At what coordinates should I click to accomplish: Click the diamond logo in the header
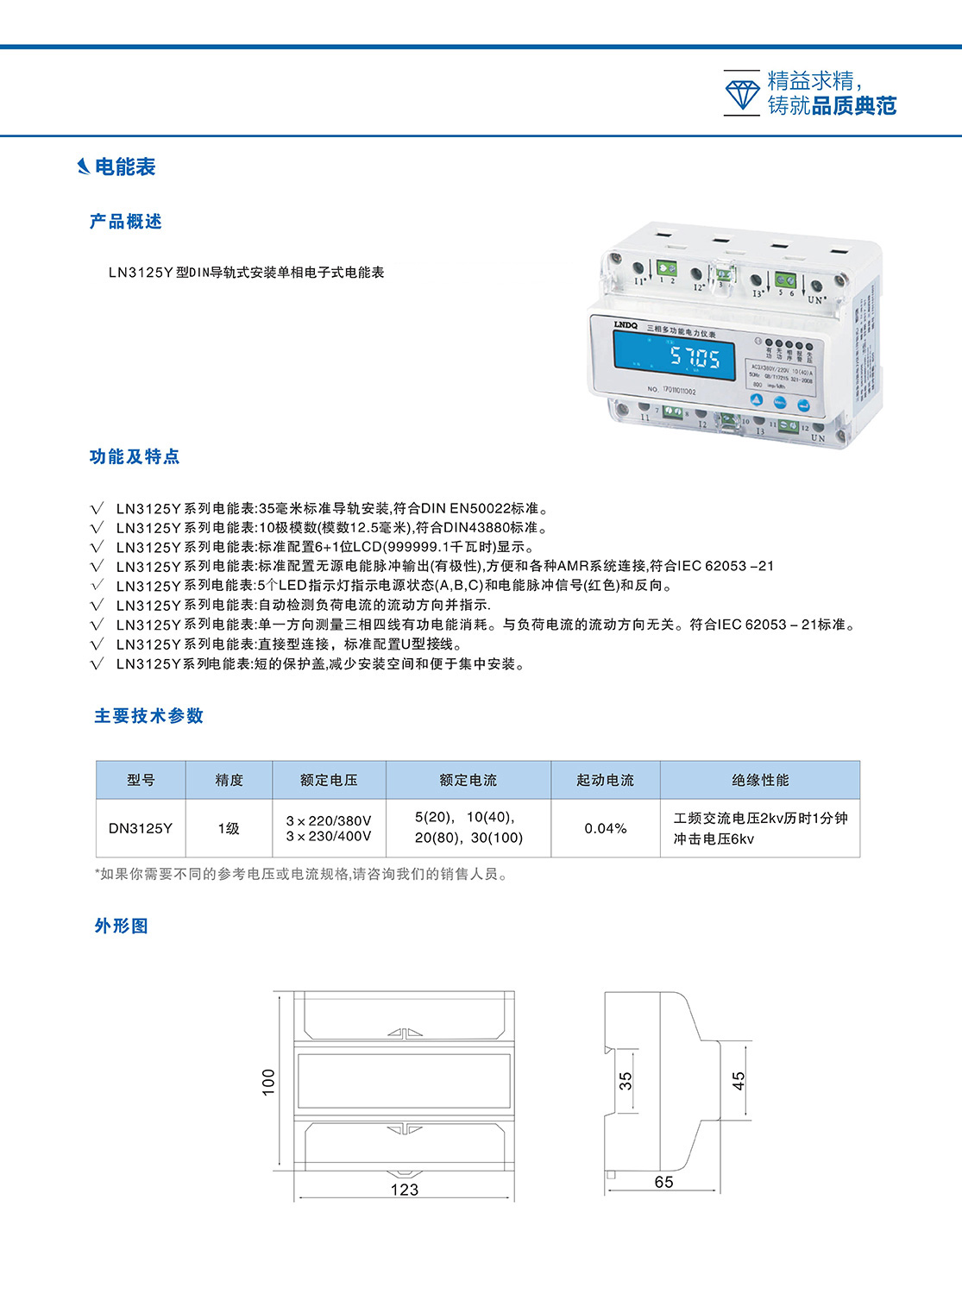pos(742,93)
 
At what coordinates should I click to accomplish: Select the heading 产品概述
pos(126,222)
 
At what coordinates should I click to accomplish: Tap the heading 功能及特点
pos(135,456)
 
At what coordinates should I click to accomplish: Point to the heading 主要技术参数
pos(149,716)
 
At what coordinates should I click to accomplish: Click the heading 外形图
pos(122,926)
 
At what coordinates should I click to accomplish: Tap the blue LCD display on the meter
pos(674,355)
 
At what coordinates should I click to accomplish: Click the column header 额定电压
pos(329,780)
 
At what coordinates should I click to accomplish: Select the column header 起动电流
pos(605,780)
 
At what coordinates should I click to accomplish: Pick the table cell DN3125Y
pos(141,828)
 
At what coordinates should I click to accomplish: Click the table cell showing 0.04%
pos(605,828)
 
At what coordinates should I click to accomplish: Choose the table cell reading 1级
pos(229,828)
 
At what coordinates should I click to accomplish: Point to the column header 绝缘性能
pos(760,780)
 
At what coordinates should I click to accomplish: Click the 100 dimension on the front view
pos(268,1082)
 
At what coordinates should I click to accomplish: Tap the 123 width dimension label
pos(404,1190)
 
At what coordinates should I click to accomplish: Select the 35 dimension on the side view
pos(626,1081)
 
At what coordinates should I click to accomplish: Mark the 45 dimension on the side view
pos(739,1081)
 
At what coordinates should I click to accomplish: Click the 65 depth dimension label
pos(663,1182)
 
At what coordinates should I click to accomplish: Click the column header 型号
pos(141,780)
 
